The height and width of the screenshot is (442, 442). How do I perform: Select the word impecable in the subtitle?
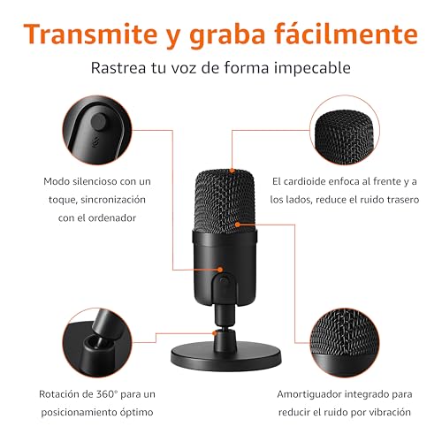[312, 69]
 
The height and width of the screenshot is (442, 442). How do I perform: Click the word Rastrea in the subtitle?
[118, 68]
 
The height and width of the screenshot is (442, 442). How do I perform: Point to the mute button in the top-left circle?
[98, 121]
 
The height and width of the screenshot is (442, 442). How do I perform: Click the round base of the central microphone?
[226, 355]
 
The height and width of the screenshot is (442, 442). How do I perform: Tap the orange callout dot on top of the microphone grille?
[232, 171]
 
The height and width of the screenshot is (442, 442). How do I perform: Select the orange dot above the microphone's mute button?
[220, 270]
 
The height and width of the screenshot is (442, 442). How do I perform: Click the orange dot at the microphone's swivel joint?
[215, 333]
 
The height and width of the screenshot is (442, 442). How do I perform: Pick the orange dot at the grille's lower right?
[238, 225]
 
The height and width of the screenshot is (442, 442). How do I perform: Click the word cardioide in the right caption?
[304, 181]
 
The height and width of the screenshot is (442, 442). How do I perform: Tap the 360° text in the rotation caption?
[107, 394]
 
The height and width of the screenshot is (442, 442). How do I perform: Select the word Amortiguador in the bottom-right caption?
[309, 394]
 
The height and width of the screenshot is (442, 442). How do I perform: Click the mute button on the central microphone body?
[224, 280]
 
